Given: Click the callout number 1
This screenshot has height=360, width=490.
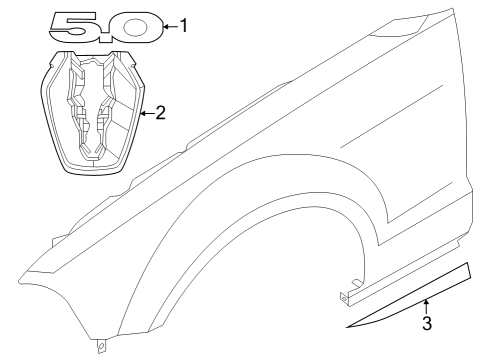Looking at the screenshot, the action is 184,26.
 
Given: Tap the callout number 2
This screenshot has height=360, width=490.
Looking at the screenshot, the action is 160,113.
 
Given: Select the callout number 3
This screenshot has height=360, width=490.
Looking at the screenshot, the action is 427,323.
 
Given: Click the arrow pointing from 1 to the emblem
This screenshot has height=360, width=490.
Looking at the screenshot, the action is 171,26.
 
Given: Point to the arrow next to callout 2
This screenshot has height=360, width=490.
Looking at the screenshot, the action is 147,113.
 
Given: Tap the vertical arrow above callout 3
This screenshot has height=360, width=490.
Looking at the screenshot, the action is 426,307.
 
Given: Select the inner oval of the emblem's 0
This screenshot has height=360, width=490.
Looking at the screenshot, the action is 134,27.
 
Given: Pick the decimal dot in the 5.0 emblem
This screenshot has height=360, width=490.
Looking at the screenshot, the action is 107,38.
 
